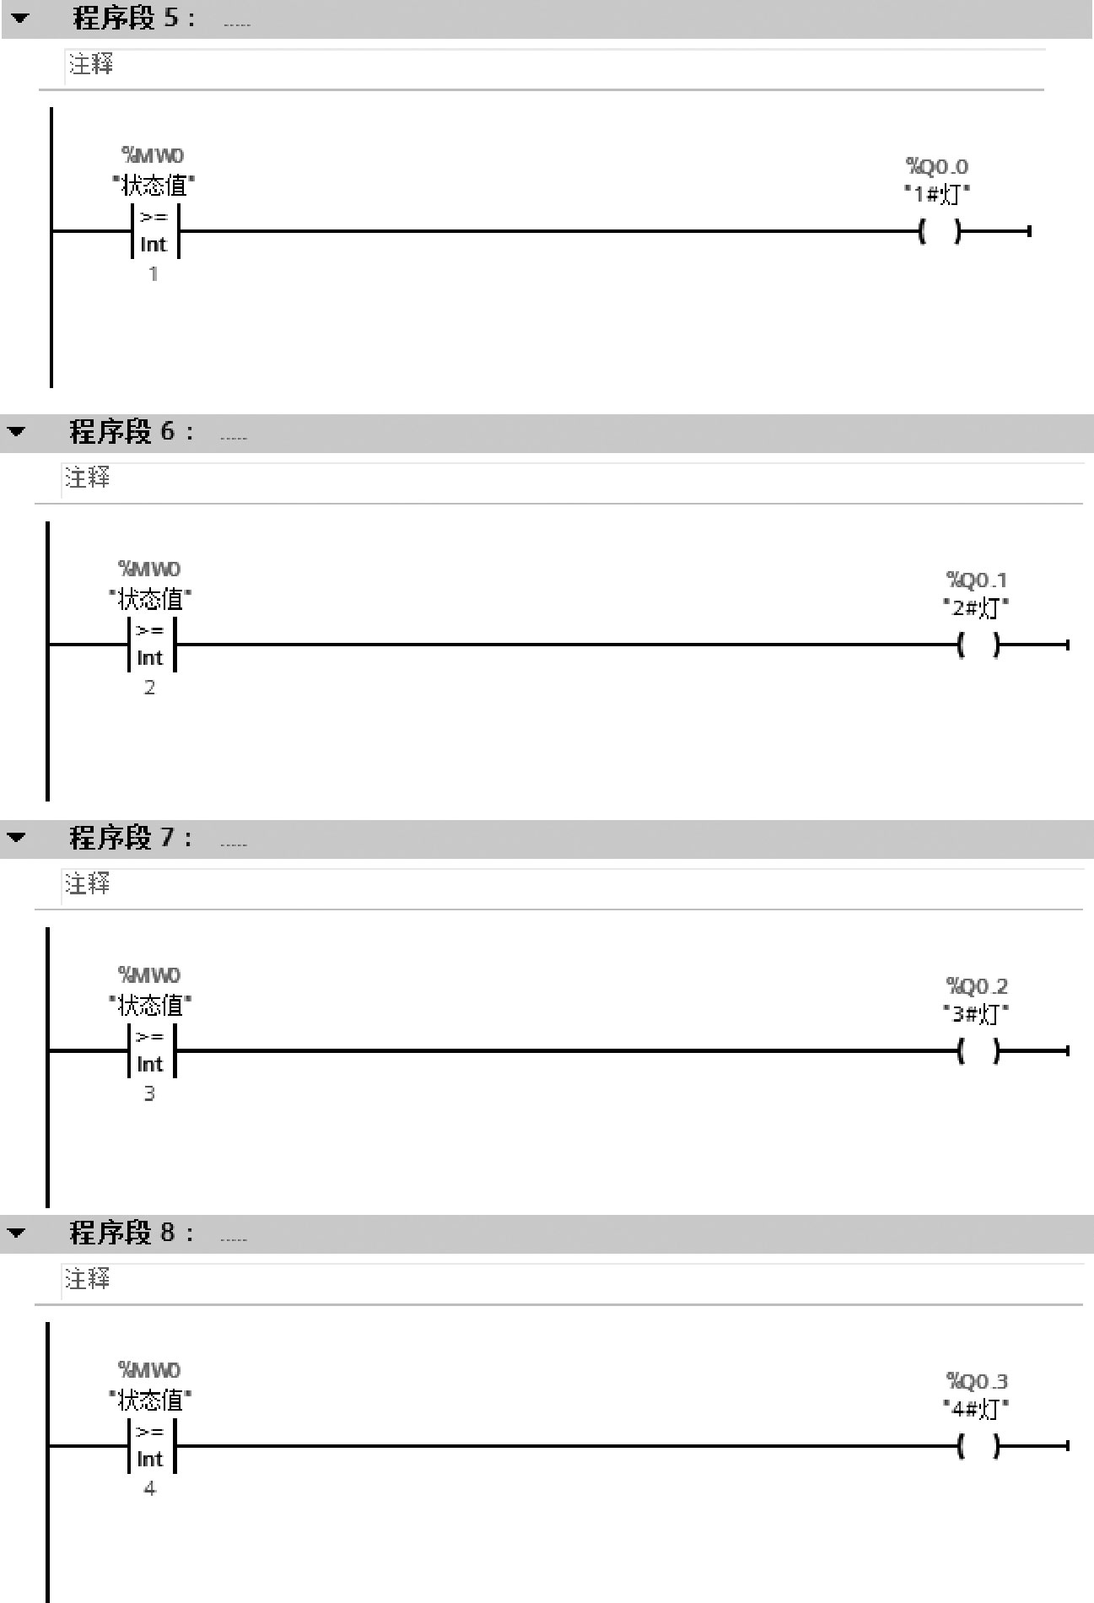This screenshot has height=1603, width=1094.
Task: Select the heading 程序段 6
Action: (131, 432)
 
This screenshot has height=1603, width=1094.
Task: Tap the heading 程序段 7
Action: (131, 838)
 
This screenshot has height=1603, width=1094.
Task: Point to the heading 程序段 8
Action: (131, 1233)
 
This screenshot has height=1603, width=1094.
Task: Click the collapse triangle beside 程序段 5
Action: (20, 18)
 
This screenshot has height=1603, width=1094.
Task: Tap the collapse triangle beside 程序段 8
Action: (17, 1233)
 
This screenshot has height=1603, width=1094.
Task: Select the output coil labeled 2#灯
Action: (978, 645)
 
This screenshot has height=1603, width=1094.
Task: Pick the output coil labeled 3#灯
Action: (978, 1051)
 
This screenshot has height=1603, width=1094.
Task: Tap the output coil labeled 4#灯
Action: (978, 1446)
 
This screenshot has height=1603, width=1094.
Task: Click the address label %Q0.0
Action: (937, 166)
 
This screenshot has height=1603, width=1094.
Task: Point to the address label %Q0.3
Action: (977, 1381)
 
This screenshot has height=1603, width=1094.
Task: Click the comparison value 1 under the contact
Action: (154, 274)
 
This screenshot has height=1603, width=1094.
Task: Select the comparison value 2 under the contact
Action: (149, 688)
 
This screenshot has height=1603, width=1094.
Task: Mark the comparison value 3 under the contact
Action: (149, 1093)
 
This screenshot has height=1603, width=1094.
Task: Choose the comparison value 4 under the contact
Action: (149, 1488)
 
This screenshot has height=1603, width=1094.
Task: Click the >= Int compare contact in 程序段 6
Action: (151, 645)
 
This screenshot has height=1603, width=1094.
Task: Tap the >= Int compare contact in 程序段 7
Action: (151, 1050)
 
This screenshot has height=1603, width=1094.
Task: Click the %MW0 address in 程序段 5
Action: (153, 155)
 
